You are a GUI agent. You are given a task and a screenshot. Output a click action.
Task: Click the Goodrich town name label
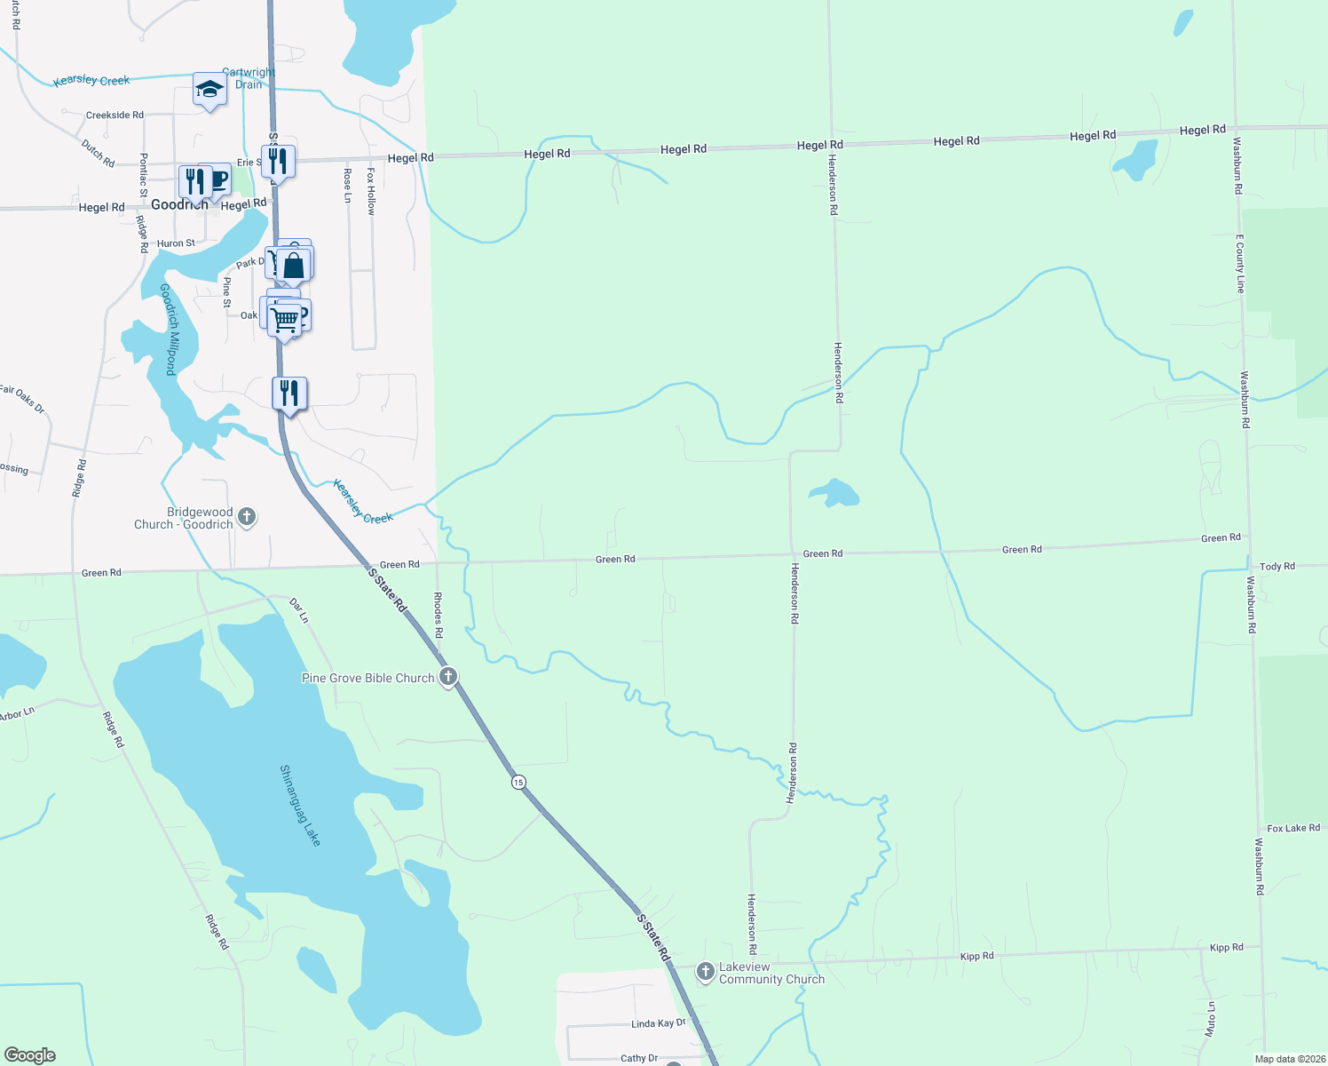click(178, 205)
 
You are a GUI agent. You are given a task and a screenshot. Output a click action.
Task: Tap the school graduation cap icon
click(209, 90)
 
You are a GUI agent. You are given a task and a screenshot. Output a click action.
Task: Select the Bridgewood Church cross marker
click(247, 517)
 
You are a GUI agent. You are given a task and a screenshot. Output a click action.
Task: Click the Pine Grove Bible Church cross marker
click(448, 677)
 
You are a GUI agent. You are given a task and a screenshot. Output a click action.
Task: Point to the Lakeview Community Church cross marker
click(706, 972)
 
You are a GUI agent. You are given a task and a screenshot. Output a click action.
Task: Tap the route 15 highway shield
click(518, 782)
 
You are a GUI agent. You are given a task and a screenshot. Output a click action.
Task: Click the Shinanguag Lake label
click(300, 805)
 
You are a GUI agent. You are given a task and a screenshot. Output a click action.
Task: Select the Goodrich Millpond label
click(169, 329)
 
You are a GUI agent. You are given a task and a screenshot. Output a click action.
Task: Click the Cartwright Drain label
click(249, 78)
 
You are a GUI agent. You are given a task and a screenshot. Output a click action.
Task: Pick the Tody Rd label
click(1277, 567)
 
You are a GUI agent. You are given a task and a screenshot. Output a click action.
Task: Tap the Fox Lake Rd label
click(1292, 828)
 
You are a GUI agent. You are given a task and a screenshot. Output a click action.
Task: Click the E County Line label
click(1241, 264)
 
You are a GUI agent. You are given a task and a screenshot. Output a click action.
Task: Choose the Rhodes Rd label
click(438, 615)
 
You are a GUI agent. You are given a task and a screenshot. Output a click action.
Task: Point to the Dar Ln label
click(299, 610)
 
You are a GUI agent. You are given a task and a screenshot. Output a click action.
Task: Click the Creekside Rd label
click(115, 115)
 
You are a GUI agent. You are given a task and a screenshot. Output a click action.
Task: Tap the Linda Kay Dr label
click(658, 1024)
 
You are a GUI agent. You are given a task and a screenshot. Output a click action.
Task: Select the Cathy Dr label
click(639, 1058)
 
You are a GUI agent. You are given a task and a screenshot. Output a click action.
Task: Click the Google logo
click(30, 1055)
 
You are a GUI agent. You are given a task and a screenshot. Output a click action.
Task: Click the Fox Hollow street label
click(371, 191)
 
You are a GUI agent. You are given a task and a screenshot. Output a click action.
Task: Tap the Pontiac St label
click(144, 175)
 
